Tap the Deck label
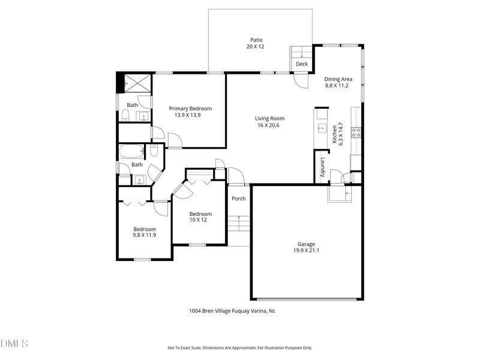pos(301,64)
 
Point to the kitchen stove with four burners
pos(356,133)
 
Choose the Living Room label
pos(269,118)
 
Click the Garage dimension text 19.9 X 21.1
pos(306,251)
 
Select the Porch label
pos(238,199)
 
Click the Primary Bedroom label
pos(190,109)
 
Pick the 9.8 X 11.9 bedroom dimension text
pos(145,235)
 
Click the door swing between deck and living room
pos(301,80)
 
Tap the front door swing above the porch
pos(236,176)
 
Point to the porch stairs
pos(238,224)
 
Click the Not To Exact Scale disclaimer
pos(239,347)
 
